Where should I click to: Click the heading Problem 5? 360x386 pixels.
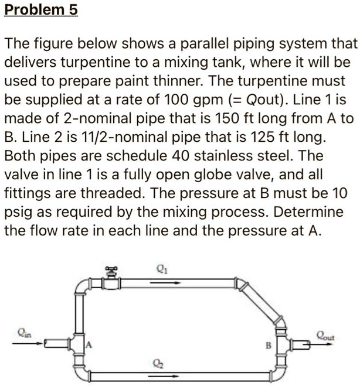[x=40, y=11]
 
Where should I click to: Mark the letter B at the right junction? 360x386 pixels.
[x=269, y=346]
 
